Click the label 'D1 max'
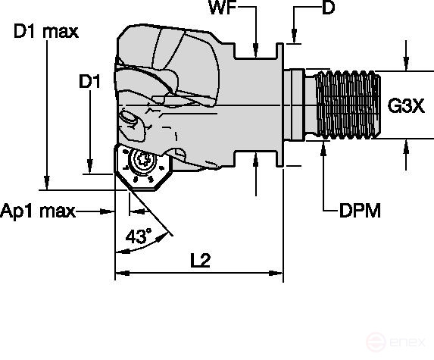pyautogui.click(x=45, y=33)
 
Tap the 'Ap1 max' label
pyautogui.click(x=38, y=211)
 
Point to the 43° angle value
pyautogui.click(x=138, y=236)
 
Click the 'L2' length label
pyautogui.click(x=199, y=260)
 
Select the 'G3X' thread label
pyautogui.click(x=405, y=105)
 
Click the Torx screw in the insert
pyautogui.click(x=142, y=161)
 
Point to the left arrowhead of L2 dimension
pyautogui.click(x=119, y=272)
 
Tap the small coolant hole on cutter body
pyautogui.click(x=129, y=119)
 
